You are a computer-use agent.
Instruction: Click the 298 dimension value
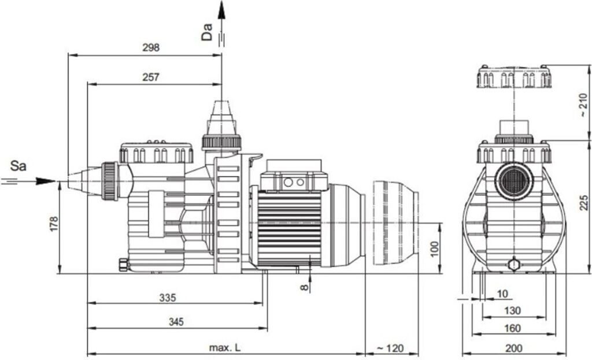[x=151, y=47]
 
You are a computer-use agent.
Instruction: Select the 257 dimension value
[x=151, y=77]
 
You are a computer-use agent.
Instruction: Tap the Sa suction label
[x=18, y=165]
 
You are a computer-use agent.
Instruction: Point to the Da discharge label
[x=206, y=32]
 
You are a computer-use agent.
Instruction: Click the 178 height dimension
[x=54, y=224]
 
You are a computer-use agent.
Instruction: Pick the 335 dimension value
[x=168, y=298]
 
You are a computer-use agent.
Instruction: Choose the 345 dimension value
[x=176, y=322]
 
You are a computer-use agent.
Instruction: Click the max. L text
[x=225, y=348]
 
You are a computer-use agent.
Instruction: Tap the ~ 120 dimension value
[x=390, y=348]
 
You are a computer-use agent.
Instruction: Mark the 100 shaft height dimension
[x=435, y=248]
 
